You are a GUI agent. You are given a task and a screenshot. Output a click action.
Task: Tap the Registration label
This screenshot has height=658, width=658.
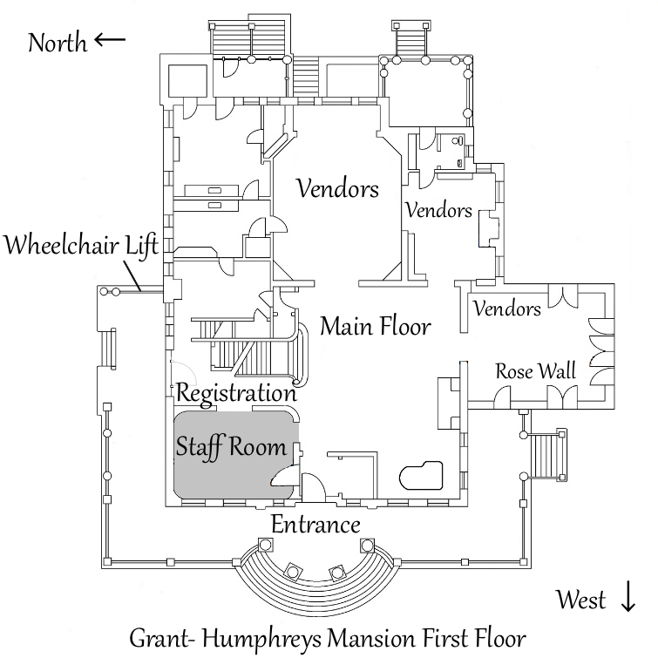236,391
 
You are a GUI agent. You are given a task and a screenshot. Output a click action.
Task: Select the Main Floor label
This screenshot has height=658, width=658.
376,327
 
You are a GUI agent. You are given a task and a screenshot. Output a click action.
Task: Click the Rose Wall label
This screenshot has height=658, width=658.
536,370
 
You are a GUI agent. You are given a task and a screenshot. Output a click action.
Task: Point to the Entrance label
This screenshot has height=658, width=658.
315,525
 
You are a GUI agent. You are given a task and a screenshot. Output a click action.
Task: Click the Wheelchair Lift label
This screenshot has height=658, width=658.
81,245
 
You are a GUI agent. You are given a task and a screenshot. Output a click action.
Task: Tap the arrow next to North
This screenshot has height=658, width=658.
110,39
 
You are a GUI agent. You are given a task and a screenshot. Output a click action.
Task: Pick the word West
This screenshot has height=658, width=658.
583,600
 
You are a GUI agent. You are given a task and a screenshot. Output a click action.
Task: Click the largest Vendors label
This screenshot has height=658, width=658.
337,189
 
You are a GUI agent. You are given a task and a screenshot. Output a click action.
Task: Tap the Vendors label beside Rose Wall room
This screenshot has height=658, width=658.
507,309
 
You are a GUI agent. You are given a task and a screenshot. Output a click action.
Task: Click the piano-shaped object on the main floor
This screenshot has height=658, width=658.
421,475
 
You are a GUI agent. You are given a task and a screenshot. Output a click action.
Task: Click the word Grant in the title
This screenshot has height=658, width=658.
159,639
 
